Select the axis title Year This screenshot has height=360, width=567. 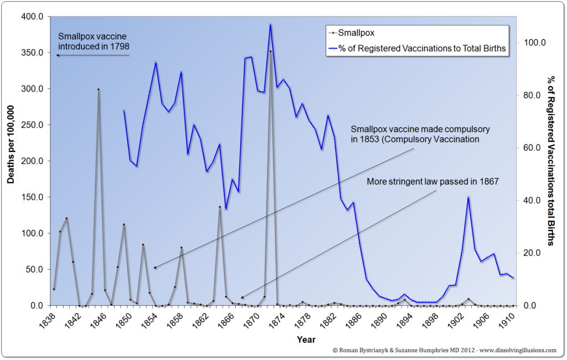(x=306, y=339)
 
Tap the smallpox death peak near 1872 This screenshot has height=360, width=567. (x=271, y=51)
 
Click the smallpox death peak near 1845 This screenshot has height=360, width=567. (x=99, y=89)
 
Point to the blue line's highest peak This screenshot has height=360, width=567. (x=271, y=24)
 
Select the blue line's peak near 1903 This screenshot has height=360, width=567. (x=469, y=197)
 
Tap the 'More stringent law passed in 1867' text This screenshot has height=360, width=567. (x=432, y=181)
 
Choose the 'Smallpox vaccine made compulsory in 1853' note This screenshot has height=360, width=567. (x=420, y=134)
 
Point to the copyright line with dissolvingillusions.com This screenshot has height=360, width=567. (x=444, y=350)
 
